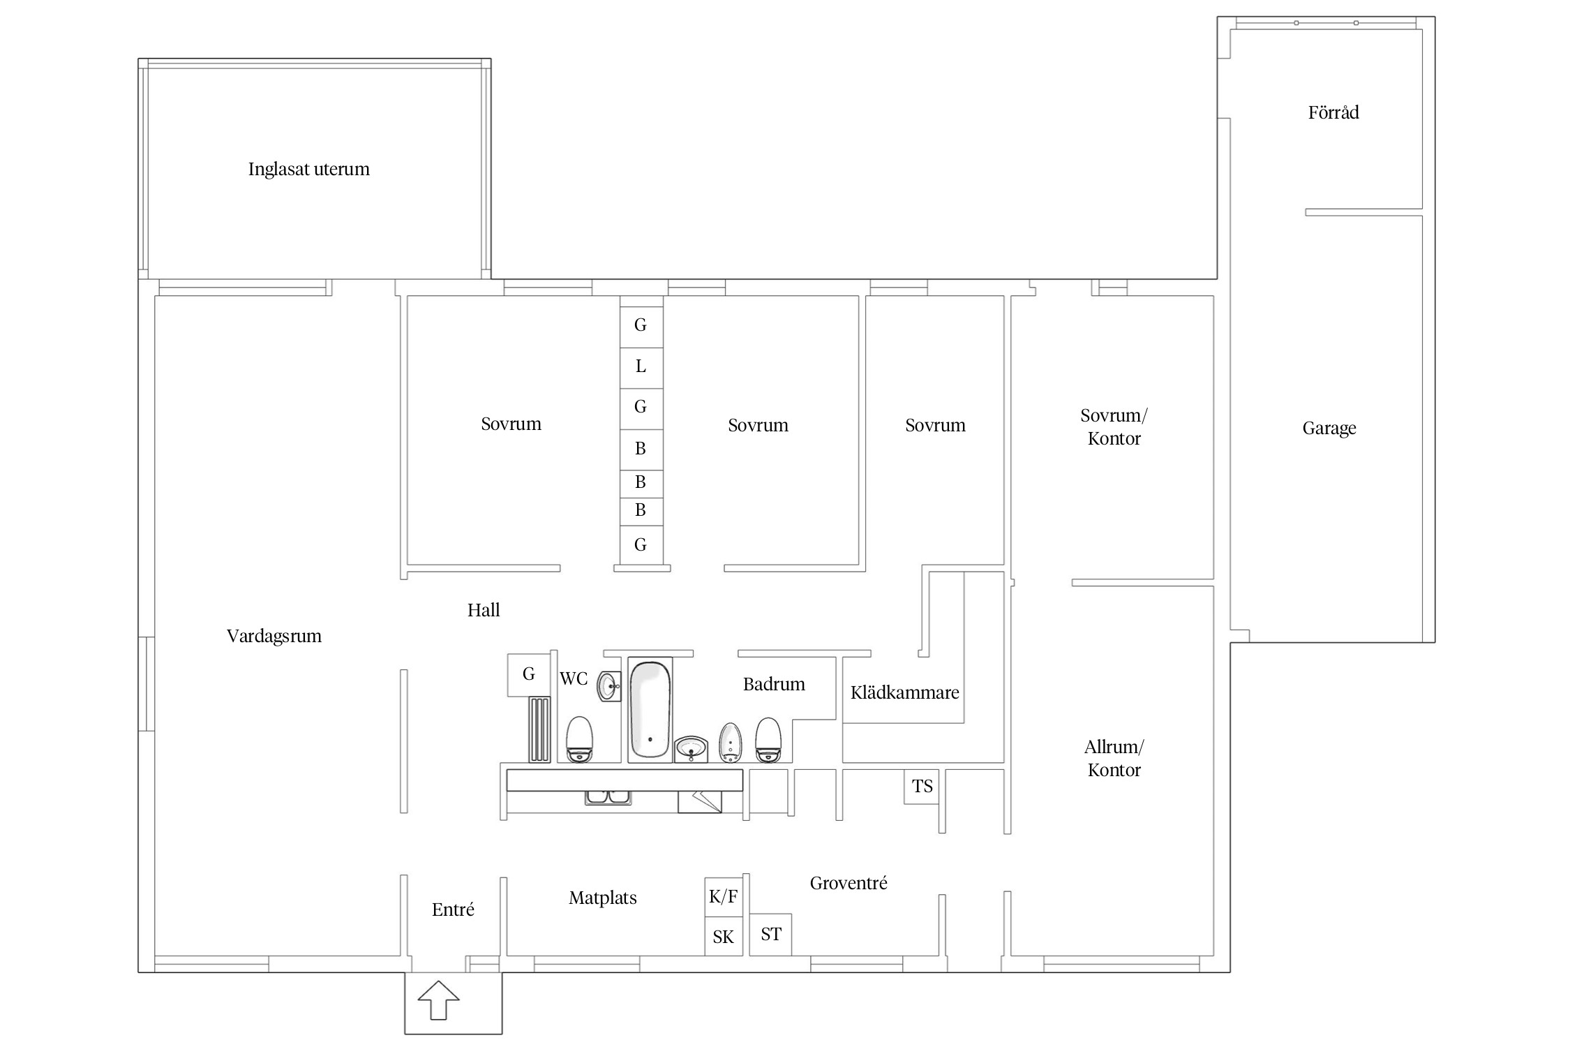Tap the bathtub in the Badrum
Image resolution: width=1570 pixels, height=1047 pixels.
coord(650,709)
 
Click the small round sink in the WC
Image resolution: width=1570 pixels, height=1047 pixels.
coord(609,687)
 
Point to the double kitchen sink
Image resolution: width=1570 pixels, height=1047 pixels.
coord(608,797)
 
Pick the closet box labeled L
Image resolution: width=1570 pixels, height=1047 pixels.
coord(641,367)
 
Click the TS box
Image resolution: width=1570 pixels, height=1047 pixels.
coord(922,787)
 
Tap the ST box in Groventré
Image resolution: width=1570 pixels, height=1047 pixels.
coord(771,935)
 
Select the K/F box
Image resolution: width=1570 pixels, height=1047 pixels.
coord(724,896)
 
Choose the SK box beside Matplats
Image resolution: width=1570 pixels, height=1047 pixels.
coord(724,936)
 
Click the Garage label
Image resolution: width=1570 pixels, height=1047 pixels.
coord(1329,429)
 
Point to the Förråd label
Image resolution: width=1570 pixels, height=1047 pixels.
coord(1333,112)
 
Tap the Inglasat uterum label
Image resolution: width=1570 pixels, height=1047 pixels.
coord(309,170)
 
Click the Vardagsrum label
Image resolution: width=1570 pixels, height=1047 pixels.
coord(274,637)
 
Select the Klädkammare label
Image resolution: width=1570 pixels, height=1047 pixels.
coord(904,692)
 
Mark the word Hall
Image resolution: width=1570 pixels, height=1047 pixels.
coord(484,610)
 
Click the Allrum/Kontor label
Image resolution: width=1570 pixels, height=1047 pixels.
coord(1114,759)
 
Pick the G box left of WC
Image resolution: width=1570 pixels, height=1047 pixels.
coord(529,674)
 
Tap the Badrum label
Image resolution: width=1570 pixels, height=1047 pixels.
coord(774,684)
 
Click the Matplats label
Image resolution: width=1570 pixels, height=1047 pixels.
coord(603,898)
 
